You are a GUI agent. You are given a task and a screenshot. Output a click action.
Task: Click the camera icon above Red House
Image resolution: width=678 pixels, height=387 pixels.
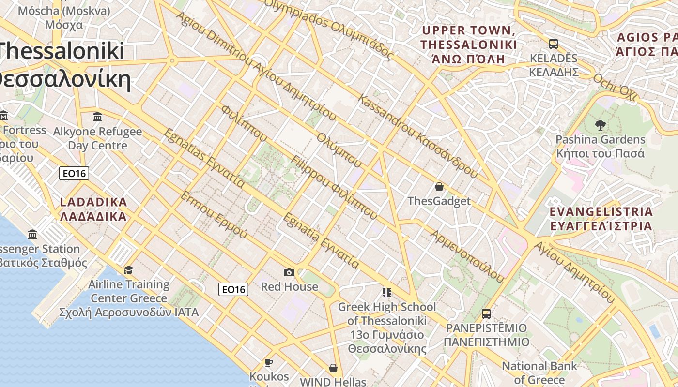[289, 273]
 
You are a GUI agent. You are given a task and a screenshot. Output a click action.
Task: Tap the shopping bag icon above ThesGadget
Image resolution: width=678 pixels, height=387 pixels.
[439, 187]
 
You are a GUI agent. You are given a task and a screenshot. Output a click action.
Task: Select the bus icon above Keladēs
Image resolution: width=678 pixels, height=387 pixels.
[554, 44]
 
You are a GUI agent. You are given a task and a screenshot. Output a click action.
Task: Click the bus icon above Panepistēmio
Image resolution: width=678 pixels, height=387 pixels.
[486, 313]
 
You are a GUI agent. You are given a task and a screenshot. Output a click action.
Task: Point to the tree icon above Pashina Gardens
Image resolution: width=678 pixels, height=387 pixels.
[600, 125]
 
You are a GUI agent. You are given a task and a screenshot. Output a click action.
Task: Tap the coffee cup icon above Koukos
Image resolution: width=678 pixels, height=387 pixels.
[269, 362]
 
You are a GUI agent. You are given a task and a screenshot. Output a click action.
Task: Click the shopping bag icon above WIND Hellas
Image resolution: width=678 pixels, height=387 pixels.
[333, 368]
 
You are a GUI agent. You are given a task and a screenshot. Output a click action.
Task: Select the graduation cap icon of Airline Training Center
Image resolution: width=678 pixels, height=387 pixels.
[128, 270]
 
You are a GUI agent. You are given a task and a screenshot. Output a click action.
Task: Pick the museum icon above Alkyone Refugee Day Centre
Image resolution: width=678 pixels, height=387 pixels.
[97, 117]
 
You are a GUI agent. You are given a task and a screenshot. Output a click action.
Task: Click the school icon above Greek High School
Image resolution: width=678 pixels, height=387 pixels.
[386, 292]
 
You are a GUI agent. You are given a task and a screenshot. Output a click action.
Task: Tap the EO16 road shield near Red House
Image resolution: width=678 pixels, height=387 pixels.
[233, 289]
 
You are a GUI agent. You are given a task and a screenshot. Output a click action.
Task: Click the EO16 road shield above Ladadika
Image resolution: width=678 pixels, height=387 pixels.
[74, 173]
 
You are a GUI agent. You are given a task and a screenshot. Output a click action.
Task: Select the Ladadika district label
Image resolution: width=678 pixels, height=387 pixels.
[93, 209]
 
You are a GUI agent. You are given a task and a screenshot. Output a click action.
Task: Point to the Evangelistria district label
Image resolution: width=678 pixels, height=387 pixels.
[601, 219]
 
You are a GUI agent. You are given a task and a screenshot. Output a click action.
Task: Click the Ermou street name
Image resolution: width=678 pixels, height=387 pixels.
[214, 215]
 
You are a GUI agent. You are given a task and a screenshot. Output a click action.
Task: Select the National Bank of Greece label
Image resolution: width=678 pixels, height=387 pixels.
[539, 372]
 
